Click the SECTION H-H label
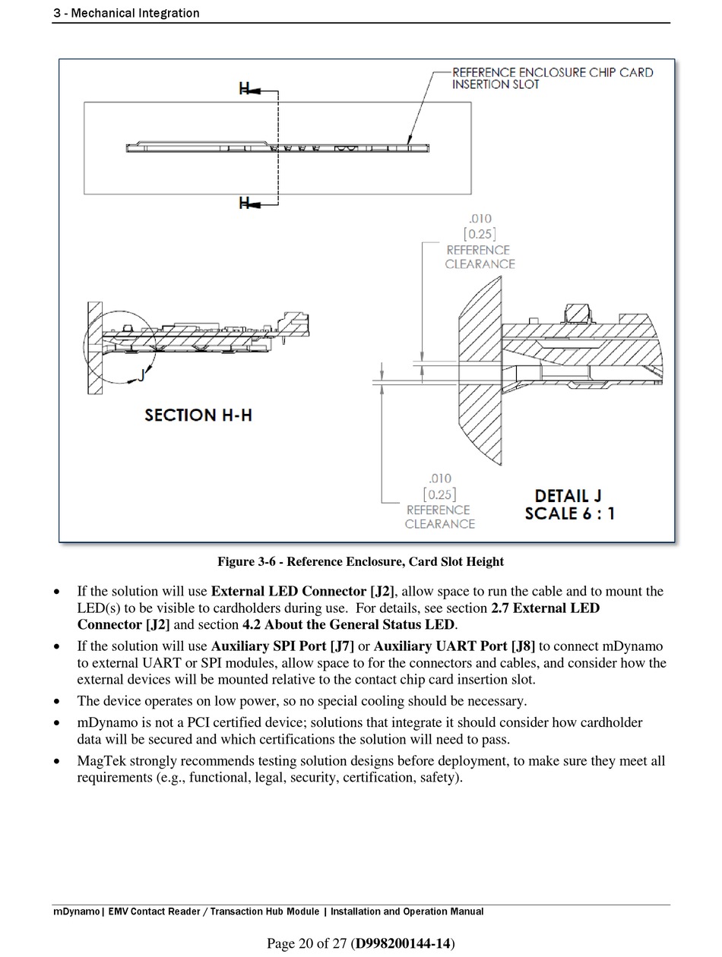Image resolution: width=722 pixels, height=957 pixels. coord(198,415)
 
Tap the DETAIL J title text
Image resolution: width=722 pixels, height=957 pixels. coord(568,496)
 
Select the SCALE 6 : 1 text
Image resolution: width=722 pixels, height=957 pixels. coord(569,513)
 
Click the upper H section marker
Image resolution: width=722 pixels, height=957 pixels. coord(245,90)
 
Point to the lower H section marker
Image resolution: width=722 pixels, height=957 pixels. coord(245,203)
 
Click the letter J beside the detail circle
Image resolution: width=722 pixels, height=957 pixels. coord(141,374)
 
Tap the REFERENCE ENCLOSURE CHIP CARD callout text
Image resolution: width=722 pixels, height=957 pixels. coord(552,73)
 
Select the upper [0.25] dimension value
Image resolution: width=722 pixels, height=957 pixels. coord(480,234)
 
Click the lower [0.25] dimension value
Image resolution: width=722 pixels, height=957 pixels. coord(440,494)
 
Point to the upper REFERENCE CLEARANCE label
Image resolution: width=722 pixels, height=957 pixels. coord(479,257)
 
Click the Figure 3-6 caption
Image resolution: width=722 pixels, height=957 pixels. coord(360,562)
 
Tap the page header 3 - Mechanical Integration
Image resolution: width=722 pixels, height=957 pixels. coord(126,13)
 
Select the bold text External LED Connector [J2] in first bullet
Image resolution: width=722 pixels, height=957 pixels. coord(302,592)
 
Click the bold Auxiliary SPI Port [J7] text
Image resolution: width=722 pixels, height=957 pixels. coord(282,646)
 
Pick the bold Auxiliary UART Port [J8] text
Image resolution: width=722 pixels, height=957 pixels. coord(454,646)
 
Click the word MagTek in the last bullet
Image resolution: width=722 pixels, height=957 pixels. coord(101,761)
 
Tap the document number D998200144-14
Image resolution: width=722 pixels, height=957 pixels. coord(404,943)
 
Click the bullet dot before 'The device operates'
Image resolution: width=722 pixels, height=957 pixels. coord(58,702)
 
